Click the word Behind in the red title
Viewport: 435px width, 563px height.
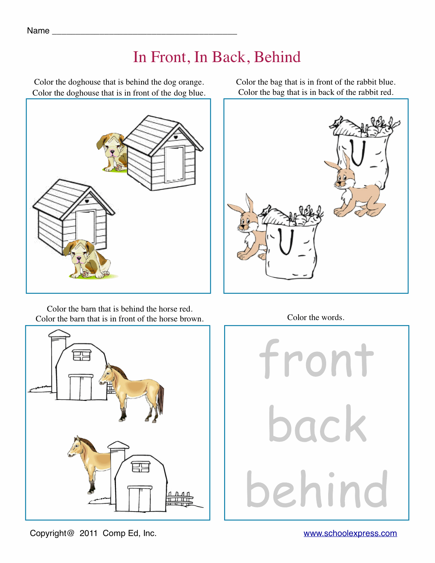click(277, 57)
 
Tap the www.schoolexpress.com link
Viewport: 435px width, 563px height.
click(350, 533)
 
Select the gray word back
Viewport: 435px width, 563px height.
click(317, 423)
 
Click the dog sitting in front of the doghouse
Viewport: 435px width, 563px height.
click(88, 259)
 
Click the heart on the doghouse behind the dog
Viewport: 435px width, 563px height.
click(87, 201)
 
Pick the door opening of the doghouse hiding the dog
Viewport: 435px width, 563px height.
click(174, 164)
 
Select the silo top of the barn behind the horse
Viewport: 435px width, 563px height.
click(59, 333)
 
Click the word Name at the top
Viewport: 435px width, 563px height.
click(38, 31)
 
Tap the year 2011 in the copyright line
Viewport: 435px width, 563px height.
click(88, 533)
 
